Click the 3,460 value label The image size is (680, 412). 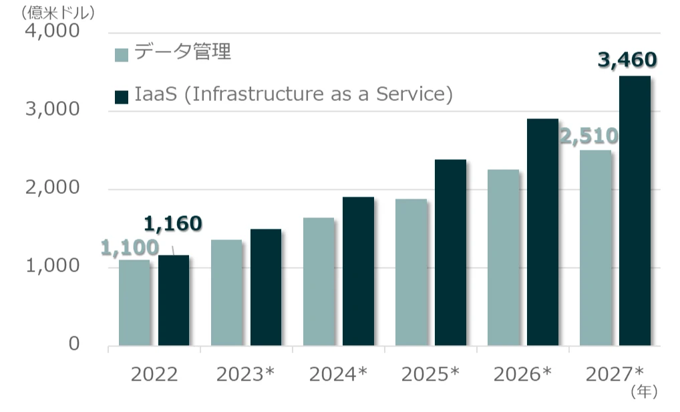pyautogui.click(x=627, y=61)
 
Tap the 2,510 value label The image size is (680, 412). pyautogui.click(x=588, y=137)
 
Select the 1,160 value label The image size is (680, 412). pyautogui.click(x=173, y=223)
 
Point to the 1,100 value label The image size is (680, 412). pyautogui.click(x=130, y=248)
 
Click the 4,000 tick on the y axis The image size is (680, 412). pyautogui.click(x=53, y=31)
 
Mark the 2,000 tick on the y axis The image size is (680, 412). pyautogui.click(x=53, y=189)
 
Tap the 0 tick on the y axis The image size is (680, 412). pyautogui.click(x=74, y=344)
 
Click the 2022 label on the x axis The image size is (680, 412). pyautogui.click(x=154, y=374)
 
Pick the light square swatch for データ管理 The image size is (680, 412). pyautogui.click(x=122, y=54)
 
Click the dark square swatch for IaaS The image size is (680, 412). pyautogui.click(x=122, y=96)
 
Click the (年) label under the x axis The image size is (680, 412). pyautogui.click(x=644, y=389)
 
